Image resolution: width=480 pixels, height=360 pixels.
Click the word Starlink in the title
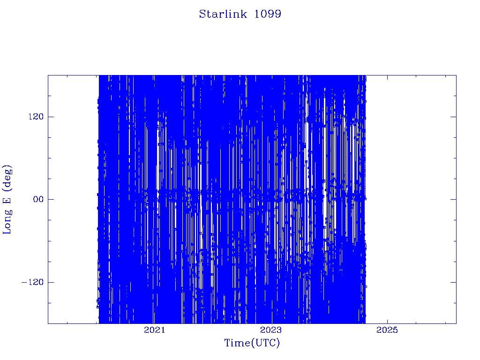(x=223, y=14)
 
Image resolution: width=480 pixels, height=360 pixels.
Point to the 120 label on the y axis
(x=36, y=117)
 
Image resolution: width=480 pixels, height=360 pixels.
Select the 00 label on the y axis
(x=38, y=199)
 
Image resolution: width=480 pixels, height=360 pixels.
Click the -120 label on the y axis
(x=32, y=282)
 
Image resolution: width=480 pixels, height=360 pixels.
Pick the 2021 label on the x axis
(x=154, y=330)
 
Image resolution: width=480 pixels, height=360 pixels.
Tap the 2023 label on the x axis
(x=270, y=330)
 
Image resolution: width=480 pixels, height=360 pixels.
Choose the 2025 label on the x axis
(x=387, y=330)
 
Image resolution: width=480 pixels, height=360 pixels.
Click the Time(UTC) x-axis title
(x=252, y=343)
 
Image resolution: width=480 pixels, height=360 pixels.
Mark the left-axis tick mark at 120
(x=51, y=117)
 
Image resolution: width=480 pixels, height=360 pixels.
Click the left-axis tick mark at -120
(x=51, y=282)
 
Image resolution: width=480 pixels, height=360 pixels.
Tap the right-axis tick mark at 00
(x=453, y=199)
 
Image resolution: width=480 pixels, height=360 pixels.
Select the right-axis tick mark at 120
(x=453, y=117)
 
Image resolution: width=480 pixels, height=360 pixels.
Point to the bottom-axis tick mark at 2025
(x=387, y=321)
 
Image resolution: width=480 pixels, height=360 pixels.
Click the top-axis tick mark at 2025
(x=387, y=77)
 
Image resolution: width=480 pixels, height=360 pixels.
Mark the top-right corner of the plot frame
(x=456, y=75)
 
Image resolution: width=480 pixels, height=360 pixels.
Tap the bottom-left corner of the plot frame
(x=48, y=323)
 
